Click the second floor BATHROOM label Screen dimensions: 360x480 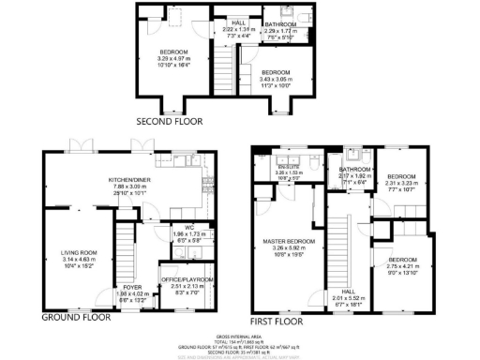pos(280,23)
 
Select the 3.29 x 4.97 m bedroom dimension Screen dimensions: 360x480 pos(172,58)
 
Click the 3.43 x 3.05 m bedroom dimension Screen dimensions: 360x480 pos(275,80)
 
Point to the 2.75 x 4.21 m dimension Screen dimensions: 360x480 pos(402,266)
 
